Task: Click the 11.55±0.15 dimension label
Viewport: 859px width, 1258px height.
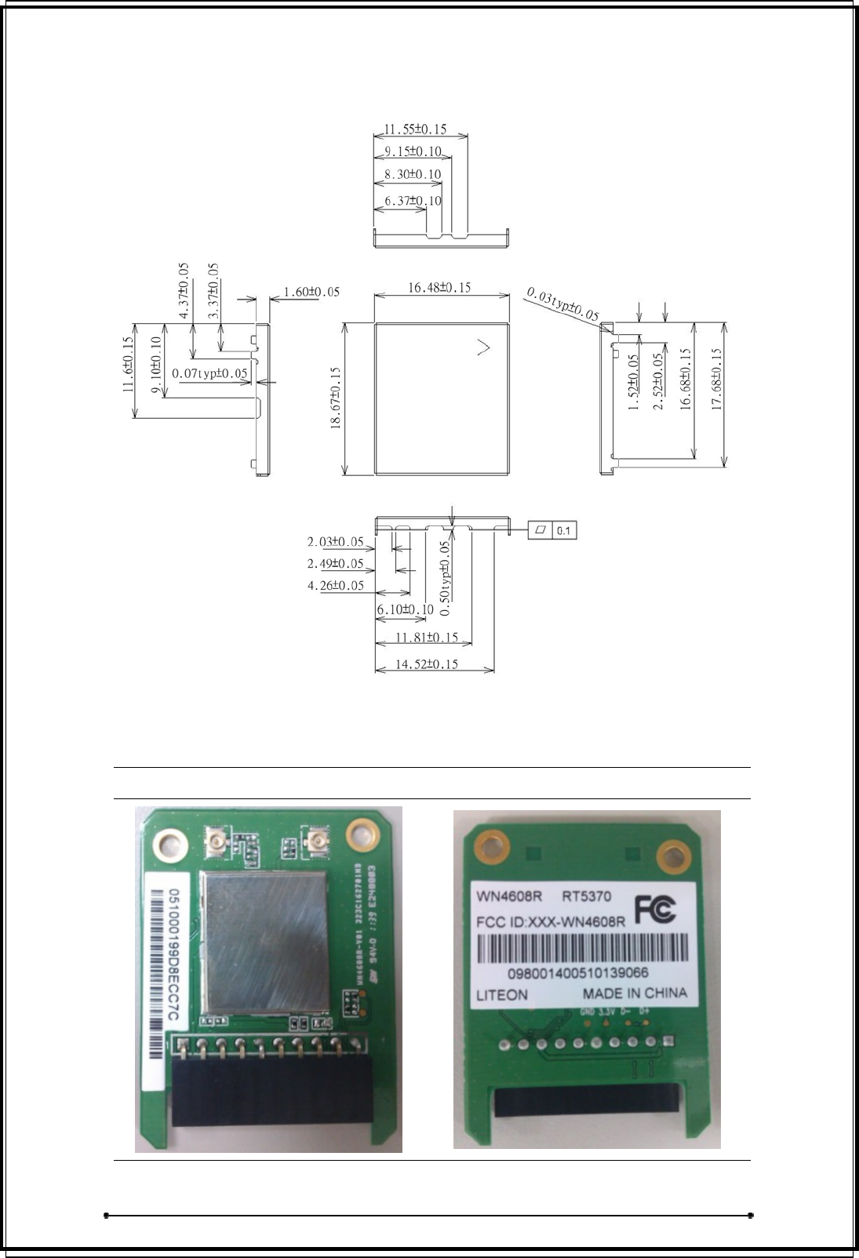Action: pyautogui.click(x=415, y=129)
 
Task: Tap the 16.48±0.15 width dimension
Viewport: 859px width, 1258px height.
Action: pyautogui.click(x=439, y=288)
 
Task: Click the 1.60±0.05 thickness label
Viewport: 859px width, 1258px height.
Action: pyautogui.click(x=311, y=292)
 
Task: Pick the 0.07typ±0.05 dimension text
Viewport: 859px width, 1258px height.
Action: pyautogui.click(x=209, y=373)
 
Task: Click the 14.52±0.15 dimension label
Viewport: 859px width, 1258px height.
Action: pyautogui.click(x=427, y=664)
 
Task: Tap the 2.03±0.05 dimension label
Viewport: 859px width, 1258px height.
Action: pyautogui.click(x=335, y=542)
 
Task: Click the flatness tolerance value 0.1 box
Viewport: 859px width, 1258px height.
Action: pyautogui.click(x=564, y=531)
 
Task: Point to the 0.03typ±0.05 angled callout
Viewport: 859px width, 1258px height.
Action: pyautogui.click(x=562, y=305)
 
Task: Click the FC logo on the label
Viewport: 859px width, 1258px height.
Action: pyautogui.click(x=654, y=910)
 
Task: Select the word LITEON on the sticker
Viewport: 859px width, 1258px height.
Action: pyautogui.click(x=502, y=995)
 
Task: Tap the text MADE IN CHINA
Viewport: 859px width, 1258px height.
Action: pyautogui.click(x=635, y=993)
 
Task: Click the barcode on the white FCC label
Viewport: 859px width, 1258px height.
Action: pyautogui.click(x=583, y=951)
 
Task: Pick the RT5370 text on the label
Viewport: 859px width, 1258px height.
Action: pyautogui.click(x=587, y=896)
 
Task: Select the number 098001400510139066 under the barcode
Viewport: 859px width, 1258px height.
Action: pyautogui.click(x=578, y=973)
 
